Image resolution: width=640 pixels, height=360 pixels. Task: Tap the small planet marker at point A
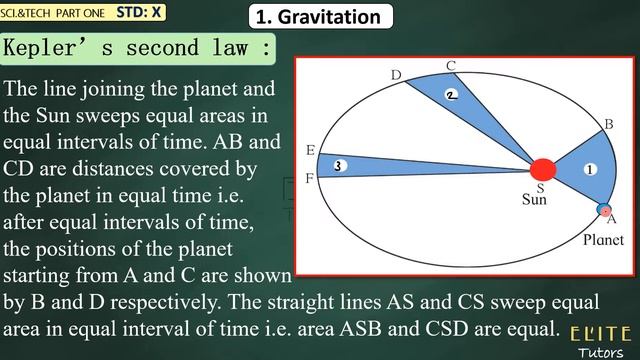604,210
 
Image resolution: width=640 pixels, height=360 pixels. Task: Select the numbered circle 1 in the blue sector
590,169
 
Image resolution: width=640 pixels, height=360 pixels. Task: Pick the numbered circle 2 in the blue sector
452,95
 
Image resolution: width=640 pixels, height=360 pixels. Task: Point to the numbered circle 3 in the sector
340,165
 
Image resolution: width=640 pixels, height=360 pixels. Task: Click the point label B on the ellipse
607,123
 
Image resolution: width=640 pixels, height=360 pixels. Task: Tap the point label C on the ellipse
451,66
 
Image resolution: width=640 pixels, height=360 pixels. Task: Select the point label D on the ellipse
396,76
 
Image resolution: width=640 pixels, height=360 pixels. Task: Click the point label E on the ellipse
310,151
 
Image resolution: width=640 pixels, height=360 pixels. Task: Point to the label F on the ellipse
310,178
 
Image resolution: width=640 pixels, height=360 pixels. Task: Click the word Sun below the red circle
535,199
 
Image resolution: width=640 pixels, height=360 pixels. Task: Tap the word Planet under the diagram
603,240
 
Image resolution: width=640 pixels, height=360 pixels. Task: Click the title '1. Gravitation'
319,17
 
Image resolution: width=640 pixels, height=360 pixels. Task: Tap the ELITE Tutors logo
600,339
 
